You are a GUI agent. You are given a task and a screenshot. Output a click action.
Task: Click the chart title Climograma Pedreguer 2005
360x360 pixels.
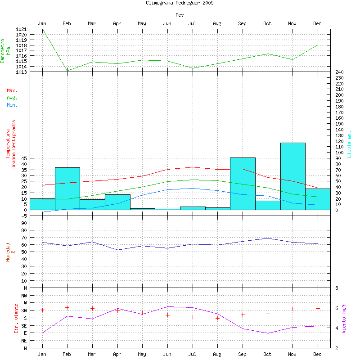pyautogui.click(x=180, y=3)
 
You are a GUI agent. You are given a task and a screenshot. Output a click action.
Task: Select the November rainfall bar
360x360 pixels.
pyautogui.click(x=292, y=176)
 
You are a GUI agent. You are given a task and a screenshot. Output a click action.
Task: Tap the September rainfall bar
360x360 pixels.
pyautogui.click(x=243, y=184)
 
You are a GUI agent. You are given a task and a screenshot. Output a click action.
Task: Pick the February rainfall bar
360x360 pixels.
pyautogui.click(x=67, y=189)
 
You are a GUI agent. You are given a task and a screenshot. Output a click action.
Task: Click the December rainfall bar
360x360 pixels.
pyautogui.click(x=318, y=199)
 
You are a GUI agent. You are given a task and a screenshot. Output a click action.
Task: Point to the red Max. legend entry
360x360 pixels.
pyautogui.click(x=12, y=91)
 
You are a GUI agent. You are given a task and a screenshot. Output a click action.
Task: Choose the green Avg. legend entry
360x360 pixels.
pyautogui.click(x=12, y=98)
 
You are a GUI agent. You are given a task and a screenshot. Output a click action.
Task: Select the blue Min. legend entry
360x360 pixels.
pyautogui.click(x=12, y=105)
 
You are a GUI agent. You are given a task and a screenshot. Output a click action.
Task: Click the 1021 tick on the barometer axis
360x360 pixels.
pyautogui.click(x=21, y=30)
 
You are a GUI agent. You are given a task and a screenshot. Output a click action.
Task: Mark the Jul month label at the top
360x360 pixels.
pyautogui.click(x=192, y=23)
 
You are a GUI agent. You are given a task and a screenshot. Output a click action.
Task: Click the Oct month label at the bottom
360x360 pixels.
pyautogui.click(x=267, y=355)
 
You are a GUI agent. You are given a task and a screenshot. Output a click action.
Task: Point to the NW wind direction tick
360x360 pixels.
pyautogui.click(x=23, y=295)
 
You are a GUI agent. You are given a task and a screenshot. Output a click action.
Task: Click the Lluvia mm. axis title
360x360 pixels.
pyautogui.click(x=350, y=144)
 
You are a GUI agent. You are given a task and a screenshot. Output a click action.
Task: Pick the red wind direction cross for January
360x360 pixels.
pyautogui.click(x=42, y=310)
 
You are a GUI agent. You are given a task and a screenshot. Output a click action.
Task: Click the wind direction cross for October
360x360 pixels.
pyautogui.click(x=267, y=314)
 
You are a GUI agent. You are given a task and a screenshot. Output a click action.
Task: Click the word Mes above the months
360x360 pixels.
pyautogui.click(x=180, y=15)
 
